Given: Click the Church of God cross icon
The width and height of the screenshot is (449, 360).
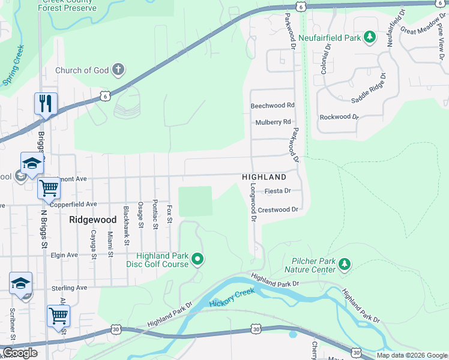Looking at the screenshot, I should [x=118, y=70].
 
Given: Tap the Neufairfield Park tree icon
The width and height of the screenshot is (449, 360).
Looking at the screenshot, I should [x=370, y=37].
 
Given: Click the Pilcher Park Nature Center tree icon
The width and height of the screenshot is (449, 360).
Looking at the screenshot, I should [x=344, y=264].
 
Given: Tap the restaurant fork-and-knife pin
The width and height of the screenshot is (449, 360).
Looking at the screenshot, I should [x=46, y=104].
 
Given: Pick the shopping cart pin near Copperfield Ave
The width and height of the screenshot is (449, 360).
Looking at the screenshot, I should [x=49, y=188].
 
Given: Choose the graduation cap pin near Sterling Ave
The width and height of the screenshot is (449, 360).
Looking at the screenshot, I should [x=20, y=283].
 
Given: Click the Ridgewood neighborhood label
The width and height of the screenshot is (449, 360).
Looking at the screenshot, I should [x=92, y=220].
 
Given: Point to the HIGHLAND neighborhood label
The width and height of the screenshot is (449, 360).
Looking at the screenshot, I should [x=264, y=178].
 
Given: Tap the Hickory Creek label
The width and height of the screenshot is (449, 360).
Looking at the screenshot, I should [x=232, y=297].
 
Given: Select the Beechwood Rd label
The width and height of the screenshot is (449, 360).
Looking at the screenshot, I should [x=273, y=105].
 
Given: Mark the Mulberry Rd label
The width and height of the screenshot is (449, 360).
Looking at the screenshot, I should [x=273, y=122].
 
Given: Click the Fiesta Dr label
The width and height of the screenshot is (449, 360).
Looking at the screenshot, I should [x=278, y=191].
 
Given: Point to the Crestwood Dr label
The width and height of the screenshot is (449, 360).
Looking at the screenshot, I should [x=278, y=209].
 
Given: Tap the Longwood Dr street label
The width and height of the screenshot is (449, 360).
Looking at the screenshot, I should [x=253, y=202].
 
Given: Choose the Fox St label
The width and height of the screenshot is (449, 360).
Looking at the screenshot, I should [x=170, y=214].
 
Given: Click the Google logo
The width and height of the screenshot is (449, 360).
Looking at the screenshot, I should [x=20, y=353].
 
